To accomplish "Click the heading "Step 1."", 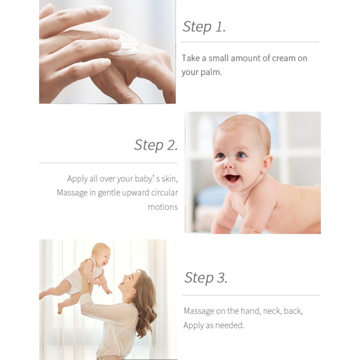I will coord(204,27).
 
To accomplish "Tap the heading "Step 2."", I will coord(156,145).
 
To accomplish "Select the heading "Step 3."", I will coord(206,278).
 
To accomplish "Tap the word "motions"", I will coord(163,207).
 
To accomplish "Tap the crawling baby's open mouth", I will coord(232,178).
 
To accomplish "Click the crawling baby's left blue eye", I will coord(241,155).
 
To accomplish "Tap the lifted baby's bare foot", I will coord(60,308).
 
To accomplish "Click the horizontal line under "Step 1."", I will coord(249,42).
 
